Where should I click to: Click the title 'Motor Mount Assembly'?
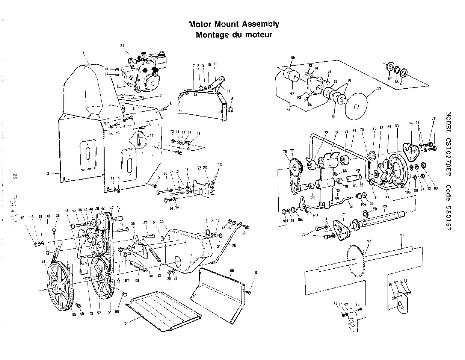[x=234, y=24]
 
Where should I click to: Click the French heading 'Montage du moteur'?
[x=234, y=35]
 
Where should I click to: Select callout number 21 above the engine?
[x=122, y=45]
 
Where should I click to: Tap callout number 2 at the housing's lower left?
[x=48, y=173]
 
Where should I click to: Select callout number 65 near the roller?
[x=293, y=57]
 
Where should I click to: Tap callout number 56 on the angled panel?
[x=232, y=270]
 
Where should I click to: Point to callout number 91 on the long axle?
[x=402, y=235]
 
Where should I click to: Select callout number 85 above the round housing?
[x=397, y=127]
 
